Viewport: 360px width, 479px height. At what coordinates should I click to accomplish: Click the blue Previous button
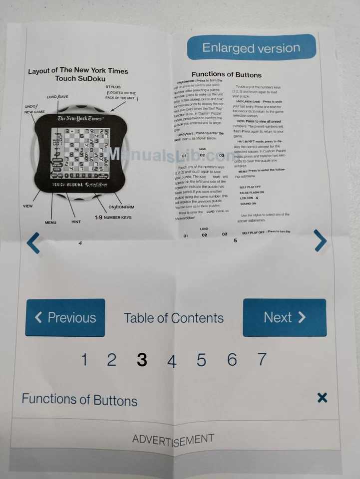[65, 318]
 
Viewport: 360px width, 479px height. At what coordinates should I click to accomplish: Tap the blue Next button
[285, 317]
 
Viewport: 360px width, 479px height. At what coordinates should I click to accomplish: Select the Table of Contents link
[174, 318]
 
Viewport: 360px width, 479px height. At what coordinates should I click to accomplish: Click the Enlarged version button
[251, 48]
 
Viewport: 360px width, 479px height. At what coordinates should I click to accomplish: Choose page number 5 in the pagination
[201, 360]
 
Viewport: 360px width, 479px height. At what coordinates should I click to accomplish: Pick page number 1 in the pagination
[84, 360]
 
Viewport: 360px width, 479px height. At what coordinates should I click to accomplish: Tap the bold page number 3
[142, 360]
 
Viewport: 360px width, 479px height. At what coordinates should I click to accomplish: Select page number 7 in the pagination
[262, 359]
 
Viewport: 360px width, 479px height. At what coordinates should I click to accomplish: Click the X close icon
[322, 398]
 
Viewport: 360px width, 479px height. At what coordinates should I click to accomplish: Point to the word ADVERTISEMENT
[173, 440]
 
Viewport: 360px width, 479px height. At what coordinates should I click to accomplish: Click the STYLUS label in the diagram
[113, 86]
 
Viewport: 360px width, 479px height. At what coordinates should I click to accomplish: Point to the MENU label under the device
[51, 223]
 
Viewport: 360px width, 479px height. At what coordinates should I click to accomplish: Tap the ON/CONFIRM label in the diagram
[121, 207]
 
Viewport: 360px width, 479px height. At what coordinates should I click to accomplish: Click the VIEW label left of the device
[28, 206]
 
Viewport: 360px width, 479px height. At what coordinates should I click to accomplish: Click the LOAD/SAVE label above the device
[58, 96]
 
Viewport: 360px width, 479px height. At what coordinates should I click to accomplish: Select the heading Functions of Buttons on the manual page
[227, 74]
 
